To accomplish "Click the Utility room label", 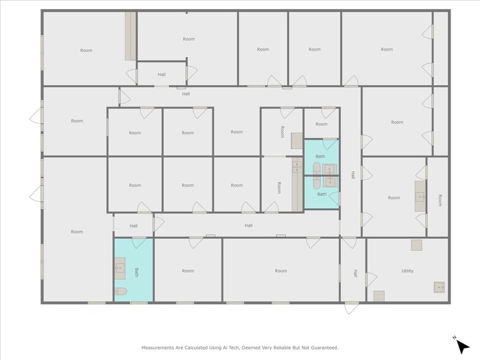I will pos(407,271).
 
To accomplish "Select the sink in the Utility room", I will pos(439,287).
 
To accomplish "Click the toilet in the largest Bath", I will pos(120,292).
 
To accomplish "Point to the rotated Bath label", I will pos(137,271).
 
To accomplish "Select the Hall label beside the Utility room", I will pos(354,273).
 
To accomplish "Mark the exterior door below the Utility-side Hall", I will pos(351,307).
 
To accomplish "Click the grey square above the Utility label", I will pos(416,245).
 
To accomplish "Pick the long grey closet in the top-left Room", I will pos(130,36).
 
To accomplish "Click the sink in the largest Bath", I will pos(119,268).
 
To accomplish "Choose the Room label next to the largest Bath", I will pos(187,271).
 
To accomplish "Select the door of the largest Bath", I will pos(140,241).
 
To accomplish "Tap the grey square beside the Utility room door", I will pos(379,296).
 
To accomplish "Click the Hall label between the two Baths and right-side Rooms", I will pos(353,175).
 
